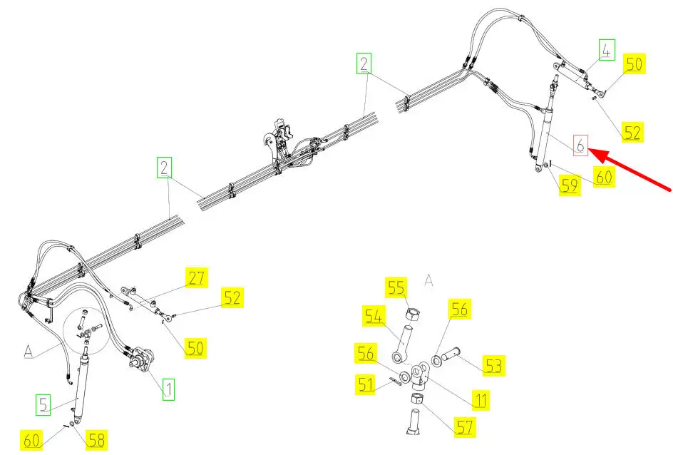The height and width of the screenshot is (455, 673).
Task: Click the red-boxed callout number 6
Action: tap(580, 145)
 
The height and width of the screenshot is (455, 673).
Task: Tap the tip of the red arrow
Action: tap(588, 149)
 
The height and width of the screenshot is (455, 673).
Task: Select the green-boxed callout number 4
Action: tap(607, 50)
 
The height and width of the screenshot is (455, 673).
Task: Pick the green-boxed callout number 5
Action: tap(43, 405)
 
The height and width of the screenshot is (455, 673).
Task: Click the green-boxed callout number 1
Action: tap(169, 389)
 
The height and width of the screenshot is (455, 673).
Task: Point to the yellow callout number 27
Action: tap(196, 277)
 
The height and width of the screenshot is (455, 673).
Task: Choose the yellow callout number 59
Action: tap(570, 185)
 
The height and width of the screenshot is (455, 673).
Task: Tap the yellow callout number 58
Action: tap(96, 440)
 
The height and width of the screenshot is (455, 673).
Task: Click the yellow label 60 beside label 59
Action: tap(604, 177)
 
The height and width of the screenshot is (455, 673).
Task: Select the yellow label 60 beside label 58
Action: tap(31, 440)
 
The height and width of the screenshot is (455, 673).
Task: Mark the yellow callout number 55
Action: tap(396, 287)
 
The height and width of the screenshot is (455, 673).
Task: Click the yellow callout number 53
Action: tap(493, 366)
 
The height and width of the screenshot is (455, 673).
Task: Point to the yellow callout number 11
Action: tap(481, 400)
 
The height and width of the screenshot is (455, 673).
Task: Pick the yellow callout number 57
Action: tap(465, 427)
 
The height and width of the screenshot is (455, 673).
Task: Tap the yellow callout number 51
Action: tap(366, 384)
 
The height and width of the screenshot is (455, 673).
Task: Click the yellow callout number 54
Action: tap(374, 317)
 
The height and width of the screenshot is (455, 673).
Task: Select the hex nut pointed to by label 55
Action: tap(413, 315)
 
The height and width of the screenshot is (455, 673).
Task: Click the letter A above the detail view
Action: tap(428, 280)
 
